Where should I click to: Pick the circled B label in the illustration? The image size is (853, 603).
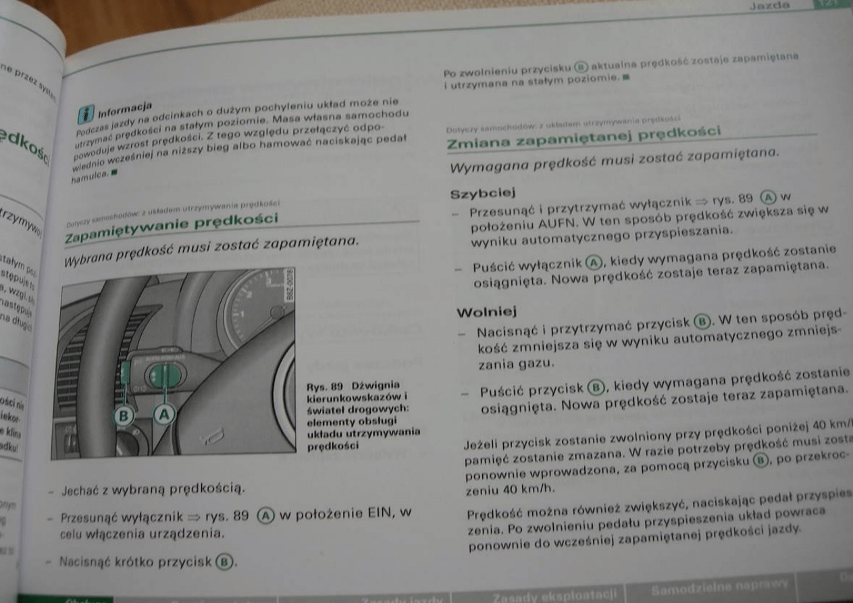[124, 415]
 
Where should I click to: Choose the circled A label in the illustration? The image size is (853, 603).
[164, 413]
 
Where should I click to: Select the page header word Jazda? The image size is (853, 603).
[770, 5]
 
